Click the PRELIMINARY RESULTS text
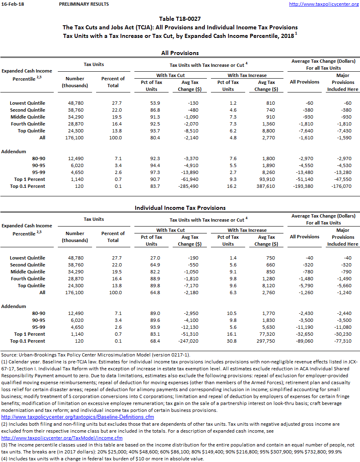click(x=84, y=4)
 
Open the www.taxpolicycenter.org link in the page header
click(x=324, y=4)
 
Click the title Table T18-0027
click(x=180, y=19)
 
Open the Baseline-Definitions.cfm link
click(x=78, y=417)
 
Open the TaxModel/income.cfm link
click(x=62, y=438)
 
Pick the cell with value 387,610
click(x=265, y=186)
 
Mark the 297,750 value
click(x=265, y=341)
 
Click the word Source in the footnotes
click(x=9, y=355)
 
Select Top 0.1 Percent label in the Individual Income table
click(x=27, y=341)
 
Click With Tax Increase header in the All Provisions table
click(x=247, y=75)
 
